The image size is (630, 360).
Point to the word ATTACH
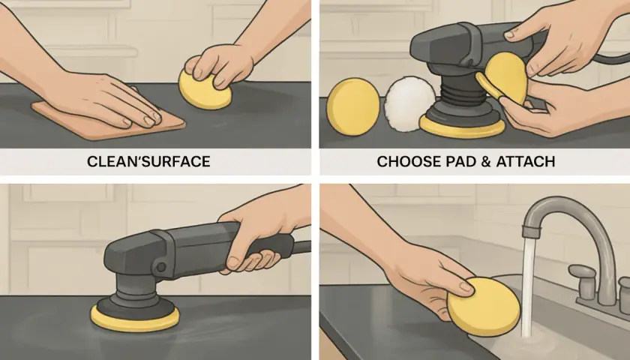click(x=526, y=161)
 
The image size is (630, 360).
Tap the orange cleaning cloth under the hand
click(x=109, y=121)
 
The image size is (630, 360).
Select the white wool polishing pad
click(x=409, y=103)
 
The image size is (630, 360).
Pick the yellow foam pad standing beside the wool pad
click(x=352, y=106)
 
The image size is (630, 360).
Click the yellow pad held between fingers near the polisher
click(x=504, y=80)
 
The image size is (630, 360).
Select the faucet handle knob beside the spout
click(x=583, y=277)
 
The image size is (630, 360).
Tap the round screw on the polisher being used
click(x=161, y=267)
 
